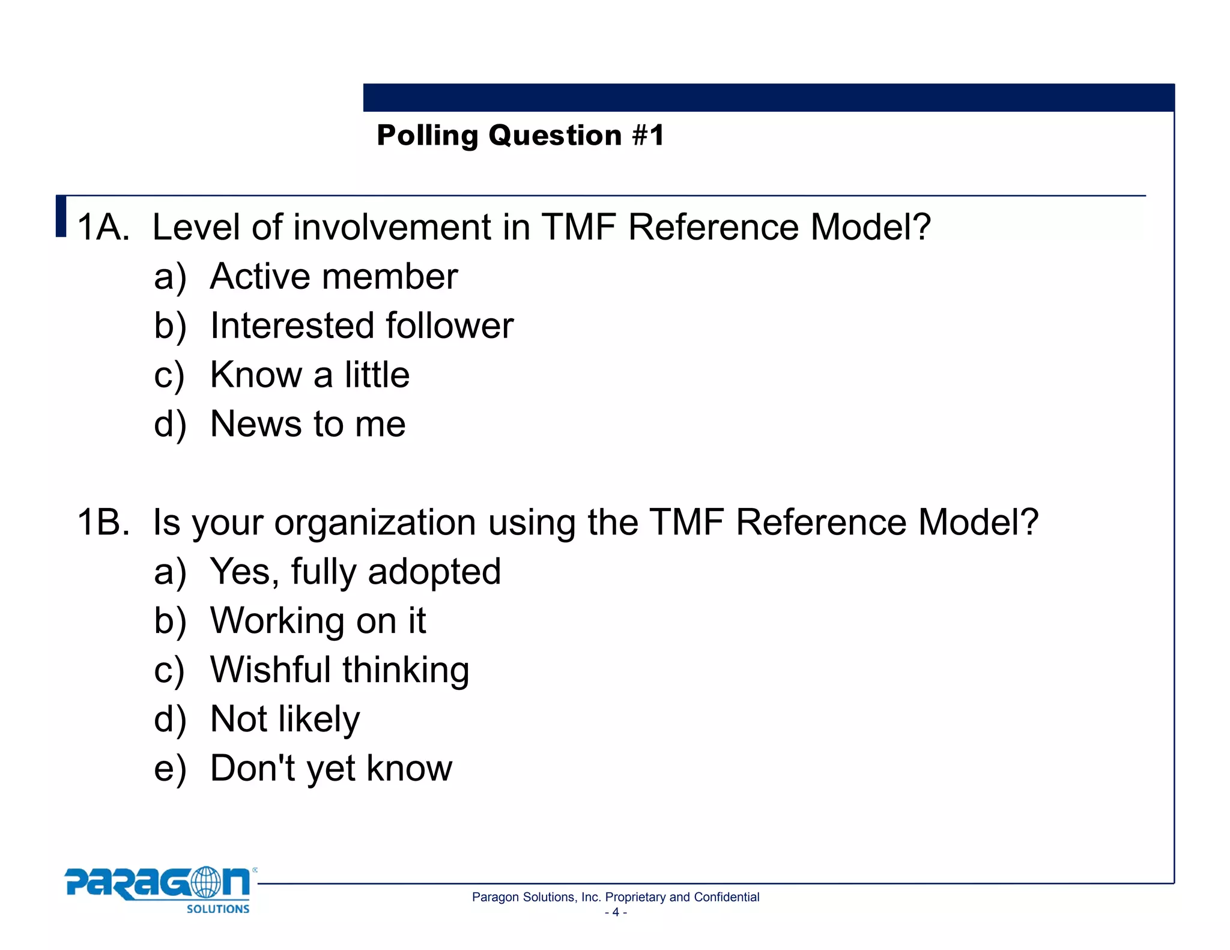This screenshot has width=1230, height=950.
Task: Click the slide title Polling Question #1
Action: [520, 136]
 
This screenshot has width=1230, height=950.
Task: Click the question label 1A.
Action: [103, 228]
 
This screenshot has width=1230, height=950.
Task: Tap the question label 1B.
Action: [103, 522]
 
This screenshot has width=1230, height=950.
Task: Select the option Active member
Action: [334, 277]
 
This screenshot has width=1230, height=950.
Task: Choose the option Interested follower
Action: [362, 326]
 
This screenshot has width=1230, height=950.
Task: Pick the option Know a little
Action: [310, 375]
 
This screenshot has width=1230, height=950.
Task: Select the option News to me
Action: [307, 425]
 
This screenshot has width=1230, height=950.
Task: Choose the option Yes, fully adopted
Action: [355, 572]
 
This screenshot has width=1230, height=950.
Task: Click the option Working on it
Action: [318, 621]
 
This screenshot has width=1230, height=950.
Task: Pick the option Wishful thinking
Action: [339, 670]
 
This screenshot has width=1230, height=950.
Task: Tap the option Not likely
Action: [285, 719]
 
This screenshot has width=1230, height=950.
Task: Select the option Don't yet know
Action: [331, 769]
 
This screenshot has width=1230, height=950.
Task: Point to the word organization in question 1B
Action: [375, 522]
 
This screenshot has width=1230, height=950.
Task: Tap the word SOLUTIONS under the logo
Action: [217, 909]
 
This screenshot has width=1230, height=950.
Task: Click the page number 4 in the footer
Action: [616, 913]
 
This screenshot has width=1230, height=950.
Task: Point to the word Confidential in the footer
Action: [726, 897]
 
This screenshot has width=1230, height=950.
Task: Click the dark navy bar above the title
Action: [769, 97]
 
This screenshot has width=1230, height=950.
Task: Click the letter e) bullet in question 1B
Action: [170, 769]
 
